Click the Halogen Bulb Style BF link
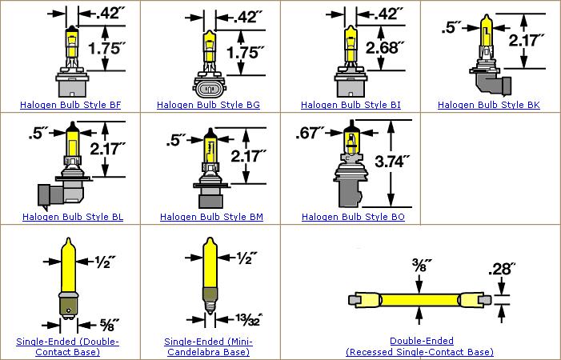tap(70, 105)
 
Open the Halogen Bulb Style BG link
tap(209, 105)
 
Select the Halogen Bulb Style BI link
tap(351, 105)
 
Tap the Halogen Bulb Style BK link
tap(490, 105)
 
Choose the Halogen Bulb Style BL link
tap(70, 217)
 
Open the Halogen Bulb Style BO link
tap(351, 217)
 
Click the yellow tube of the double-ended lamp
tap(415, 300)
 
